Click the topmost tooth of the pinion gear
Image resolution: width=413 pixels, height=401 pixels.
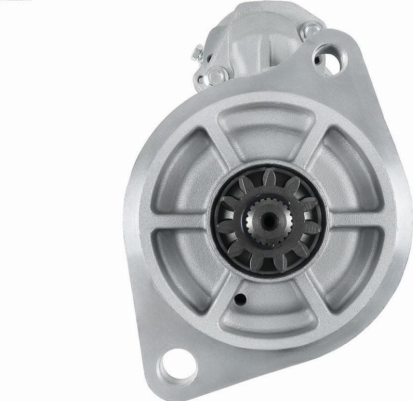[269, 179]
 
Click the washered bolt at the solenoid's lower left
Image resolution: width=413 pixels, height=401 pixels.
[215, 74]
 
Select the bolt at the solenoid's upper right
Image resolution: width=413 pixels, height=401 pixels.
[311, 30]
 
